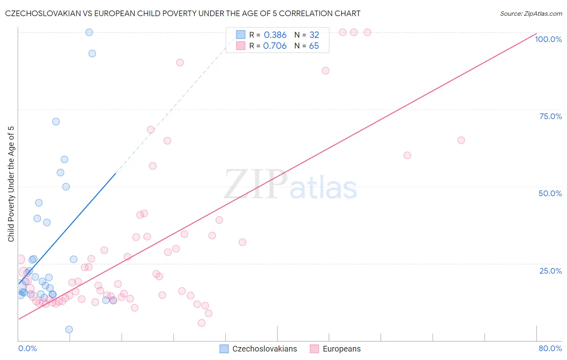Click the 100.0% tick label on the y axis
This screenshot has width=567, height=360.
click(548, 39)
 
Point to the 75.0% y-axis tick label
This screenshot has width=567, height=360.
click(550, 116)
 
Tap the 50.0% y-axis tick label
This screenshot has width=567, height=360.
click(550, 193)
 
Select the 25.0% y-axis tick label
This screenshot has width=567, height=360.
click(550, 270)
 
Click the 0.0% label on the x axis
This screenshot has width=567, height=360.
click(27, 348)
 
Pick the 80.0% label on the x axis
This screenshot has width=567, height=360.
click(550, 348)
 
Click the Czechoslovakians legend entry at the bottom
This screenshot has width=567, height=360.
click(265, 349)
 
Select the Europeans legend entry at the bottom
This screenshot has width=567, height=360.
click(342, 349)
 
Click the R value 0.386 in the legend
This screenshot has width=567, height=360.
click(275, 35)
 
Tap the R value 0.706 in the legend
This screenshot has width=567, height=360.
click(275, 46)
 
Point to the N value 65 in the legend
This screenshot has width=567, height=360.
click(314, 46)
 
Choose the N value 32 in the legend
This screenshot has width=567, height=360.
click(314, 35)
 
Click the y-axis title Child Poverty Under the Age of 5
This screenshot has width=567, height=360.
click(11, 184)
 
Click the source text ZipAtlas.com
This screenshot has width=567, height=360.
click(531, 14)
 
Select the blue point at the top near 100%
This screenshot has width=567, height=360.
click(89, 32)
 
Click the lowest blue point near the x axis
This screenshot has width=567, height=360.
click(69, 329)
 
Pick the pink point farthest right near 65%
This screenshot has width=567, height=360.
click(461, 140)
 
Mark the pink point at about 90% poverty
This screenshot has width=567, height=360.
click(180, 63)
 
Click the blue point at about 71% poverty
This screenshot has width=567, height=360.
click(56, 121)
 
